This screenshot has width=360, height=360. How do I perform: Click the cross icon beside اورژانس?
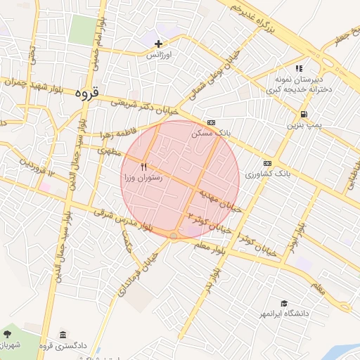[x=159, y=44]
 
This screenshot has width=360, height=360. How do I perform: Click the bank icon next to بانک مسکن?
[x=211, y=122]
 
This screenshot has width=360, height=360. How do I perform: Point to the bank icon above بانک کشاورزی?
[x=267, y=162]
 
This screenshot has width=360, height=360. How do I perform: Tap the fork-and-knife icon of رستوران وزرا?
[x=143, y=167]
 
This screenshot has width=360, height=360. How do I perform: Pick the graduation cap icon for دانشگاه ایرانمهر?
[x=283, y=303]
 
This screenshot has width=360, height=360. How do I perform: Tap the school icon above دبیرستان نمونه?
[x=299, y=69]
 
